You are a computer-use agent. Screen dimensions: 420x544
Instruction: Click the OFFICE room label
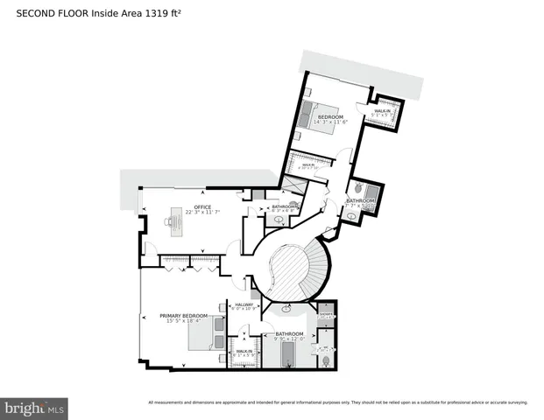[x=202, y=206]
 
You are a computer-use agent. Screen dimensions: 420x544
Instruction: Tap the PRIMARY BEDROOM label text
[x=184, y=315]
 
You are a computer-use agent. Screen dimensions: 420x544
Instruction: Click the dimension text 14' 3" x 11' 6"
[x=330, y=122]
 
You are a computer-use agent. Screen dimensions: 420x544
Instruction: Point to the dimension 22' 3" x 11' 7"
[x=202, y=213]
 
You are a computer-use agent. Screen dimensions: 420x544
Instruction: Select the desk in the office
[x=174, y=225]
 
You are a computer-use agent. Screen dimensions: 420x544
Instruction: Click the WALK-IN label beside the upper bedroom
[x=383, y=111]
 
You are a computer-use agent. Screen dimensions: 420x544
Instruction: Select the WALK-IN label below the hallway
[x=245, y=351]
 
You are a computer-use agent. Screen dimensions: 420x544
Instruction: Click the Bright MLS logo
[x=34, y=408]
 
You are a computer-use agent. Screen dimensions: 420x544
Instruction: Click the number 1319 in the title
[x=170, y=12]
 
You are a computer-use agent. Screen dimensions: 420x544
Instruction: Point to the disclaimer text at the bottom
[x=337, y=402]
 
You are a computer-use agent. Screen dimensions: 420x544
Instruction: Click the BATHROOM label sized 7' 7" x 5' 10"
[x=360, y=200]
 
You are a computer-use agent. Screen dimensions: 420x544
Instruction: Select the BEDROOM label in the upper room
[x=329, y=116]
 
